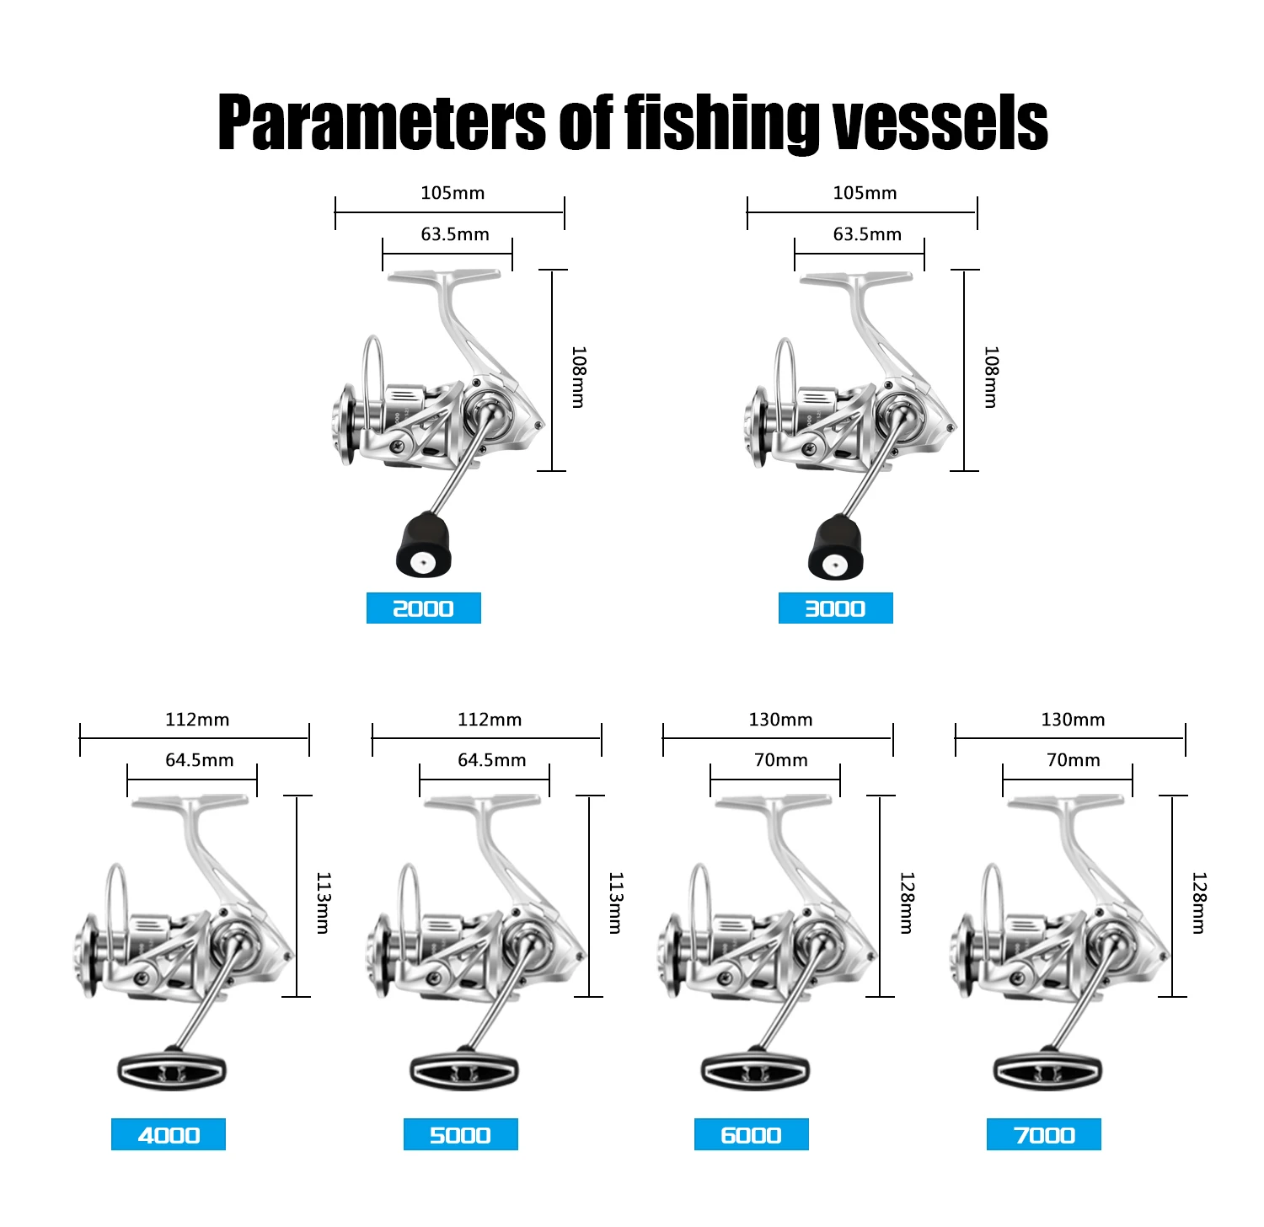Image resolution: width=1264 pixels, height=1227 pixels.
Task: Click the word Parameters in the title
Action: click(383, 123)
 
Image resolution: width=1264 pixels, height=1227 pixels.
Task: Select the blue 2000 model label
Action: click(424, 608)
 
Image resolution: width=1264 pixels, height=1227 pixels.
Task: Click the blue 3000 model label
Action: click(836, 608)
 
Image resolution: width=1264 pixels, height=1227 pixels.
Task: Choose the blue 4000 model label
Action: click(169, 1134)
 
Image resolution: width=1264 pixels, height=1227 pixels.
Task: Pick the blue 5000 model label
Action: click(461, 1134)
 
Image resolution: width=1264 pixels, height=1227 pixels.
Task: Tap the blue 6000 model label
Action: click(752, 1134)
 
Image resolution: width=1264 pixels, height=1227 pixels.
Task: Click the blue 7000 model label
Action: click(1044, 1134)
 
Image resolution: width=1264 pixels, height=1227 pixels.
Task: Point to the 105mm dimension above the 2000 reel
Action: click(453, 193)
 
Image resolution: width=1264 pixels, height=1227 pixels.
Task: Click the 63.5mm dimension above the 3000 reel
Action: click(867, 234)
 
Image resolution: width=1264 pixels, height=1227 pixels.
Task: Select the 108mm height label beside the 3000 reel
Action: click(991, 377)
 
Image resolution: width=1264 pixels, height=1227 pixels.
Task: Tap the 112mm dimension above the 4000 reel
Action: click(197, 720)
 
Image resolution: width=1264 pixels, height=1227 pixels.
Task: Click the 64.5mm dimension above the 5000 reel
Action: click(492, 760)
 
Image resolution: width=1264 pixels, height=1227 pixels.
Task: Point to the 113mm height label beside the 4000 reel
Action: click(322, 903)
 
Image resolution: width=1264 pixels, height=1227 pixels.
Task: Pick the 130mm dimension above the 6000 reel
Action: click(781, 720)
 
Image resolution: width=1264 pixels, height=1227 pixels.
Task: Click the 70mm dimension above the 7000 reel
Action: click(1074, 760)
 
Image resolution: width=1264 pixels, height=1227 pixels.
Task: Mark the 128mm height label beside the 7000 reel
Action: click(1198, 903)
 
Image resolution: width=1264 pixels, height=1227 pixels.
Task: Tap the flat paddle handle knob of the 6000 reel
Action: click(755, 1070)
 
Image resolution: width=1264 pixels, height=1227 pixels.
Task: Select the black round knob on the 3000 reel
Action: click(836, 548)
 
